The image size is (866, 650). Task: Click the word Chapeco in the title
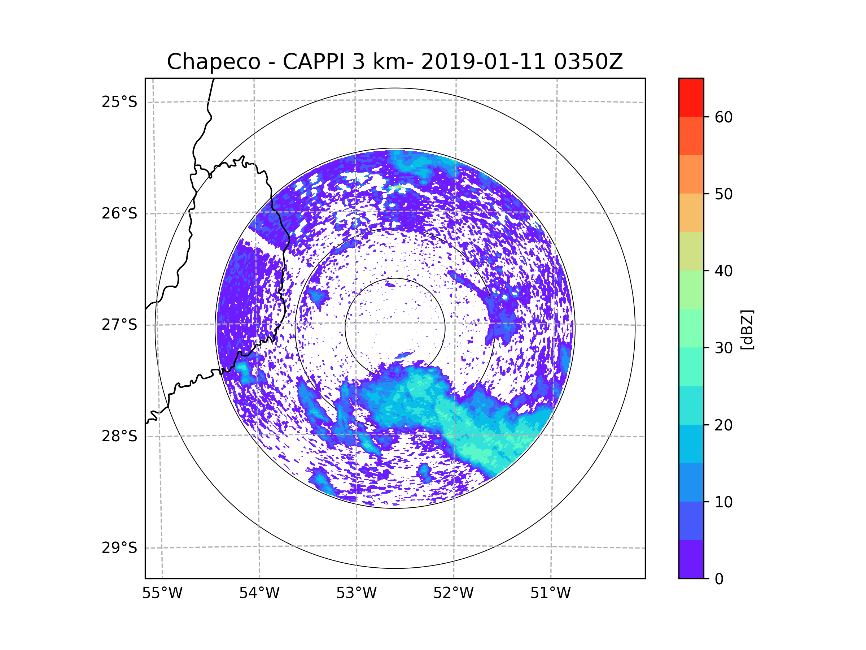click(213, 62)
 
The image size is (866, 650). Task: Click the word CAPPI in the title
click(313, 62)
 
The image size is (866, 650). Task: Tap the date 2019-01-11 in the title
click(483, 62)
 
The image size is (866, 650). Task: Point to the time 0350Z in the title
click(588, 62)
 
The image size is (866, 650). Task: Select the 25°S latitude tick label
click(119, 102)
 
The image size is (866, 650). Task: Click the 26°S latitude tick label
click(119, 213)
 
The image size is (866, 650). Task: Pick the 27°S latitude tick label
click(119, 325)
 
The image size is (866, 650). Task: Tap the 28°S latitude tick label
click(119, 436)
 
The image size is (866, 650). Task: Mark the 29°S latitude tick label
click(119, 548)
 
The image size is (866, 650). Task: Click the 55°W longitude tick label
click(162, 593)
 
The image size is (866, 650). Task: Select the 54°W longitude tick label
click(259, 593)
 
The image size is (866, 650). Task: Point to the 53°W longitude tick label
click(356, 593)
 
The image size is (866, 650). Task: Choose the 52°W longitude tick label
click(453, 593)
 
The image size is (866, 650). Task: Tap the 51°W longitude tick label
click(550, 593)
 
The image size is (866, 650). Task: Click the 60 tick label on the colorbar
click(723, 117)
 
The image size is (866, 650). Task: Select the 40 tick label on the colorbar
click(723, 271)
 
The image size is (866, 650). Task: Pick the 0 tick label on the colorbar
click(719, 579)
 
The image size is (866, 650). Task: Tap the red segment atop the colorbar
click(691, 97)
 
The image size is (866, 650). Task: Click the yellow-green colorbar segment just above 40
click(691, 251)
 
